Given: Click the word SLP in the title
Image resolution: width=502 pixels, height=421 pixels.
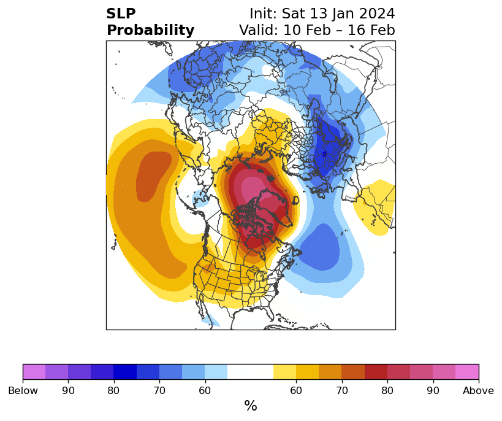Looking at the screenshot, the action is (x=121, y=14).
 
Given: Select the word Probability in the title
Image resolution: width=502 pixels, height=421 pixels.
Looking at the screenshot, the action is (x=150, y=31).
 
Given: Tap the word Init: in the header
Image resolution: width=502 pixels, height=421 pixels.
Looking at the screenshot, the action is (x=263, y=14).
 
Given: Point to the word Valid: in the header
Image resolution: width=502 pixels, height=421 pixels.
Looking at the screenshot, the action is (x=259, y=30).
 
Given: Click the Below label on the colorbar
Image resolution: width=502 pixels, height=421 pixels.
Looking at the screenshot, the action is (x=23, y=390).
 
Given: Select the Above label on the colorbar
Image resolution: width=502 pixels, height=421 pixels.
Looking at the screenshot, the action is (x=478, y=390).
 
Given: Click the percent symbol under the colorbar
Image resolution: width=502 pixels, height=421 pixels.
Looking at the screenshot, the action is (x=251, y=406).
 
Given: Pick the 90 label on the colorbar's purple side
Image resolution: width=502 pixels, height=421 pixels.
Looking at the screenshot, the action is (x=68, y=390).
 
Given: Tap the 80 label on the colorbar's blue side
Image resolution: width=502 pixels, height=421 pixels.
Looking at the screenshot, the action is (x=113, y=390).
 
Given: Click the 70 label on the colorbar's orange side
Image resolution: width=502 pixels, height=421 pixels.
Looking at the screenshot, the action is (x=342, y=390).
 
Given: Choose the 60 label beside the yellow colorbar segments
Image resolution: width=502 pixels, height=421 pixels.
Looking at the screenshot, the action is (x=296, y=390).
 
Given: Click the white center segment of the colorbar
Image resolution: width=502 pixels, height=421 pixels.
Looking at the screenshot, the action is (x=250, y=372).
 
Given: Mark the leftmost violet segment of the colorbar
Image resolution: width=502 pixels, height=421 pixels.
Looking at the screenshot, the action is (x=34, y=372).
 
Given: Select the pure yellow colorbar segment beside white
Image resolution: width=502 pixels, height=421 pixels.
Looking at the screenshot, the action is (x=284, y=372).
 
